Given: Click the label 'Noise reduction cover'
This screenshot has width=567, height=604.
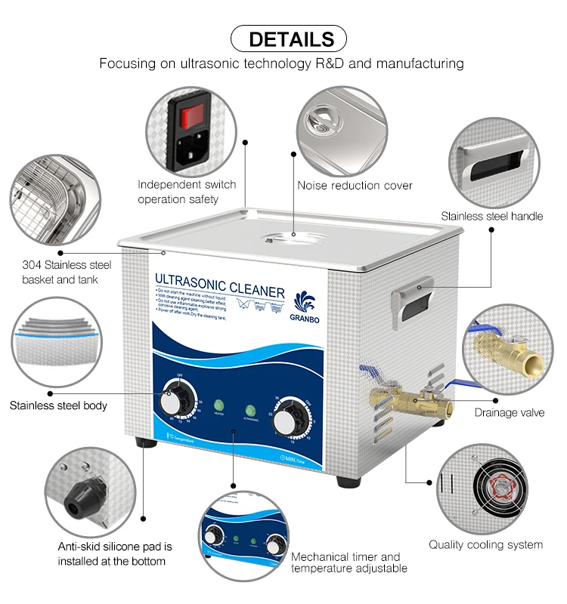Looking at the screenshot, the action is tap(355, 185).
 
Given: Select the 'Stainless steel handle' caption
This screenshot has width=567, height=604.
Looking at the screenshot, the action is tap(492, 216).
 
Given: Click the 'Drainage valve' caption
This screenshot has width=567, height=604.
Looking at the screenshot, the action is tap(507, 412).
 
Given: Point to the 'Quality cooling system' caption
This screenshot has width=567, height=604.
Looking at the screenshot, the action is tap(485, 544).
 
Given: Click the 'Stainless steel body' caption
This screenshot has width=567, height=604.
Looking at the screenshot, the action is tap(58, 405).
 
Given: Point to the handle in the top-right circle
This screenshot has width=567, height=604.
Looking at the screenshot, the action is tap(495, 162).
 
